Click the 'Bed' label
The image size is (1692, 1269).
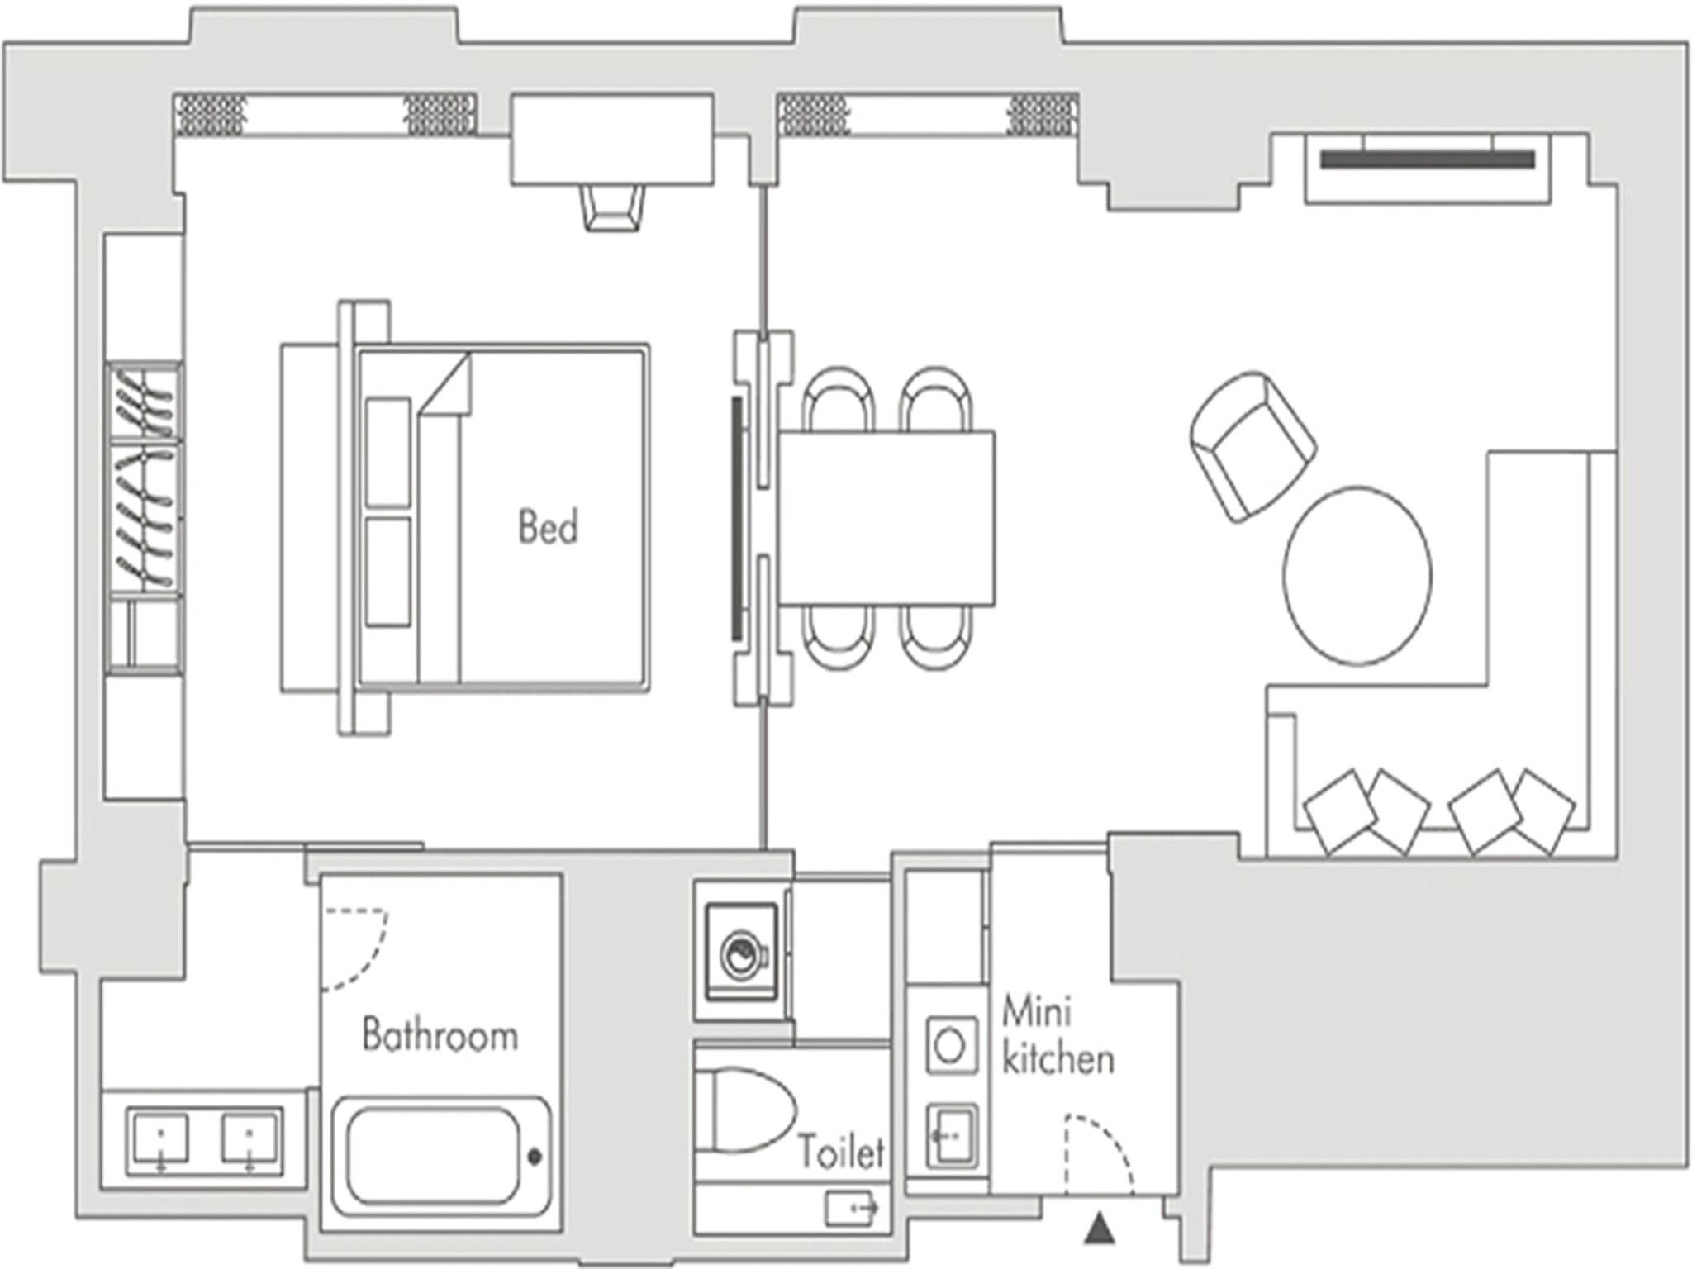pyautogui.click(x=548, y=527)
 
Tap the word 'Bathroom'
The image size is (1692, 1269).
pyautogui.click(x=440, y=1035)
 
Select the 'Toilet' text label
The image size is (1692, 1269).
pyautogui.click(x=840, y=1151)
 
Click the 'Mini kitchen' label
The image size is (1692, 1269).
pyautogui.click(x=1057, y=1036)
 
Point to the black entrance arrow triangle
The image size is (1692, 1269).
pyautogui.click(x=1099, y=1229)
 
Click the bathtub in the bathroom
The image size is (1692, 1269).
pyautogui.click(x=434, y=1156)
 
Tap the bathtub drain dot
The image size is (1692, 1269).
pyautogui.click(x=535, y=1157)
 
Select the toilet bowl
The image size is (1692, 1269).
pyautogui.click(x=744, y=1110)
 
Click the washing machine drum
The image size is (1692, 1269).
pyautogui.click(x=742, y=956)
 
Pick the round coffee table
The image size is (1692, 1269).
pyautogui.click(x=1357, y=576)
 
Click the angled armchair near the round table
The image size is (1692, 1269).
pyautogui.click(x=1252, y=446)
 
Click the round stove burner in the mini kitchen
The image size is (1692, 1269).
pyautogui.click(x=949, y=1046)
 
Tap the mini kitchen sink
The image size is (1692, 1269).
pyautogui.click(x=951, y=1137)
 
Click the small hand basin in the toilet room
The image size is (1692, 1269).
pyautogui.click(x=851, y=1208)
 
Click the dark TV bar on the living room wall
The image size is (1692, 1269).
pyautogui.click(x=1427, y=159)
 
